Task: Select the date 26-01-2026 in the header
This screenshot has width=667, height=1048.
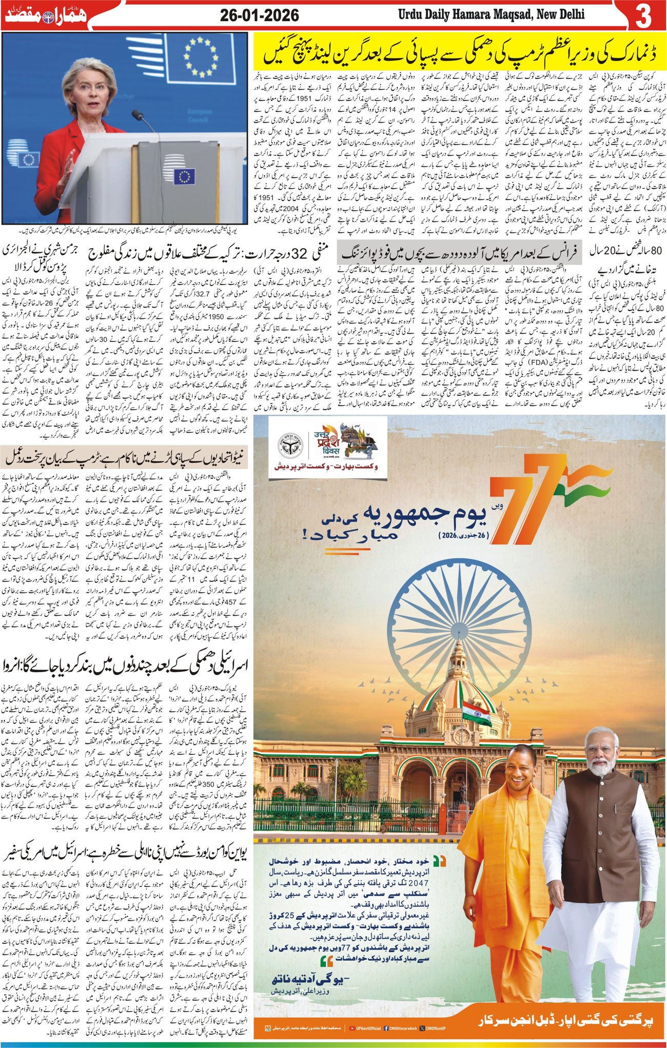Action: (x=260, y=15)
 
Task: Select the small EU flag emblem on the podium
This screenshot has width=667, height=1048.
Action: (x=184, y=177)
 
